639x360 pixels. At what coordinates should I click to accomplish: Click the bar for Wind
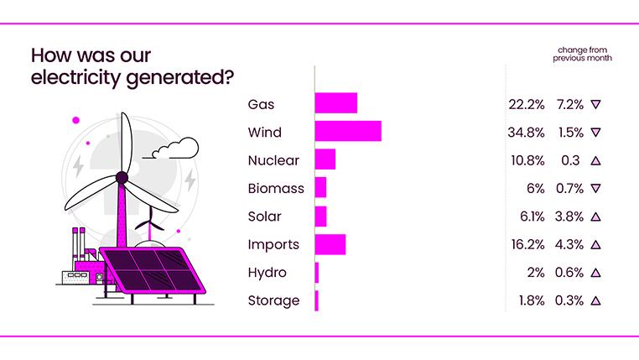[348, 132]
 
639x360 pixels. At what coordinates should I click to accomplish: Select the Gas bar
[335, 104]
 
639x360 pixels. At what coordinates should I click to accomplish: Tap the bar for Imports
[330, 244]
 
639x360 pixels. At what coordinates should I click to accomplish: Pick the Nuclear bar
[325, 159]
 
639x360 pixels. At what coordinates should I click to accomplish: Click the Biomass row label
[276, 189]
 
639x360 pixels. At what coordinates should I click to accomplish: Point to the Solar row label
[266, 217]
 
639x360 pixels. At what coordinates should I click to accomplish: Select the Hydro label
[268, 273]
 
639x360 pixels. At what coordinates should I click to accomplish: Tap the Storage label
[273, 300]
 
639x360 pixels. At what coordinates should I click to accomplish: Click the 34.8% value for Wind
[527, 133]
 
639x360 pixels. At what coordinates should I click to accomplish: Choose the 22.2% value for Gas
[527, 105]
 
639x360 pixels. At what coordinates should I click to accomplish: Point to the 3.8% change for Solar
[568, 217]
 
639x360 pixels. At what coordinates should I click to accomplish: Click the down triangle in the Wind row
[595, 133]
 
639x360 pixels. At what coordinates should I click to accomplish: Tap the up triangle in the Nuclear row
[595, 161]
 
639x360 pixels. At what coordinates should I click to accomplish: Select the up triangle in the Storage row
[595, 300]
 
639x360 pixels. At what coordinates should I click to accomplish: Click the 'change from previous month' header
[582, 55]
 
